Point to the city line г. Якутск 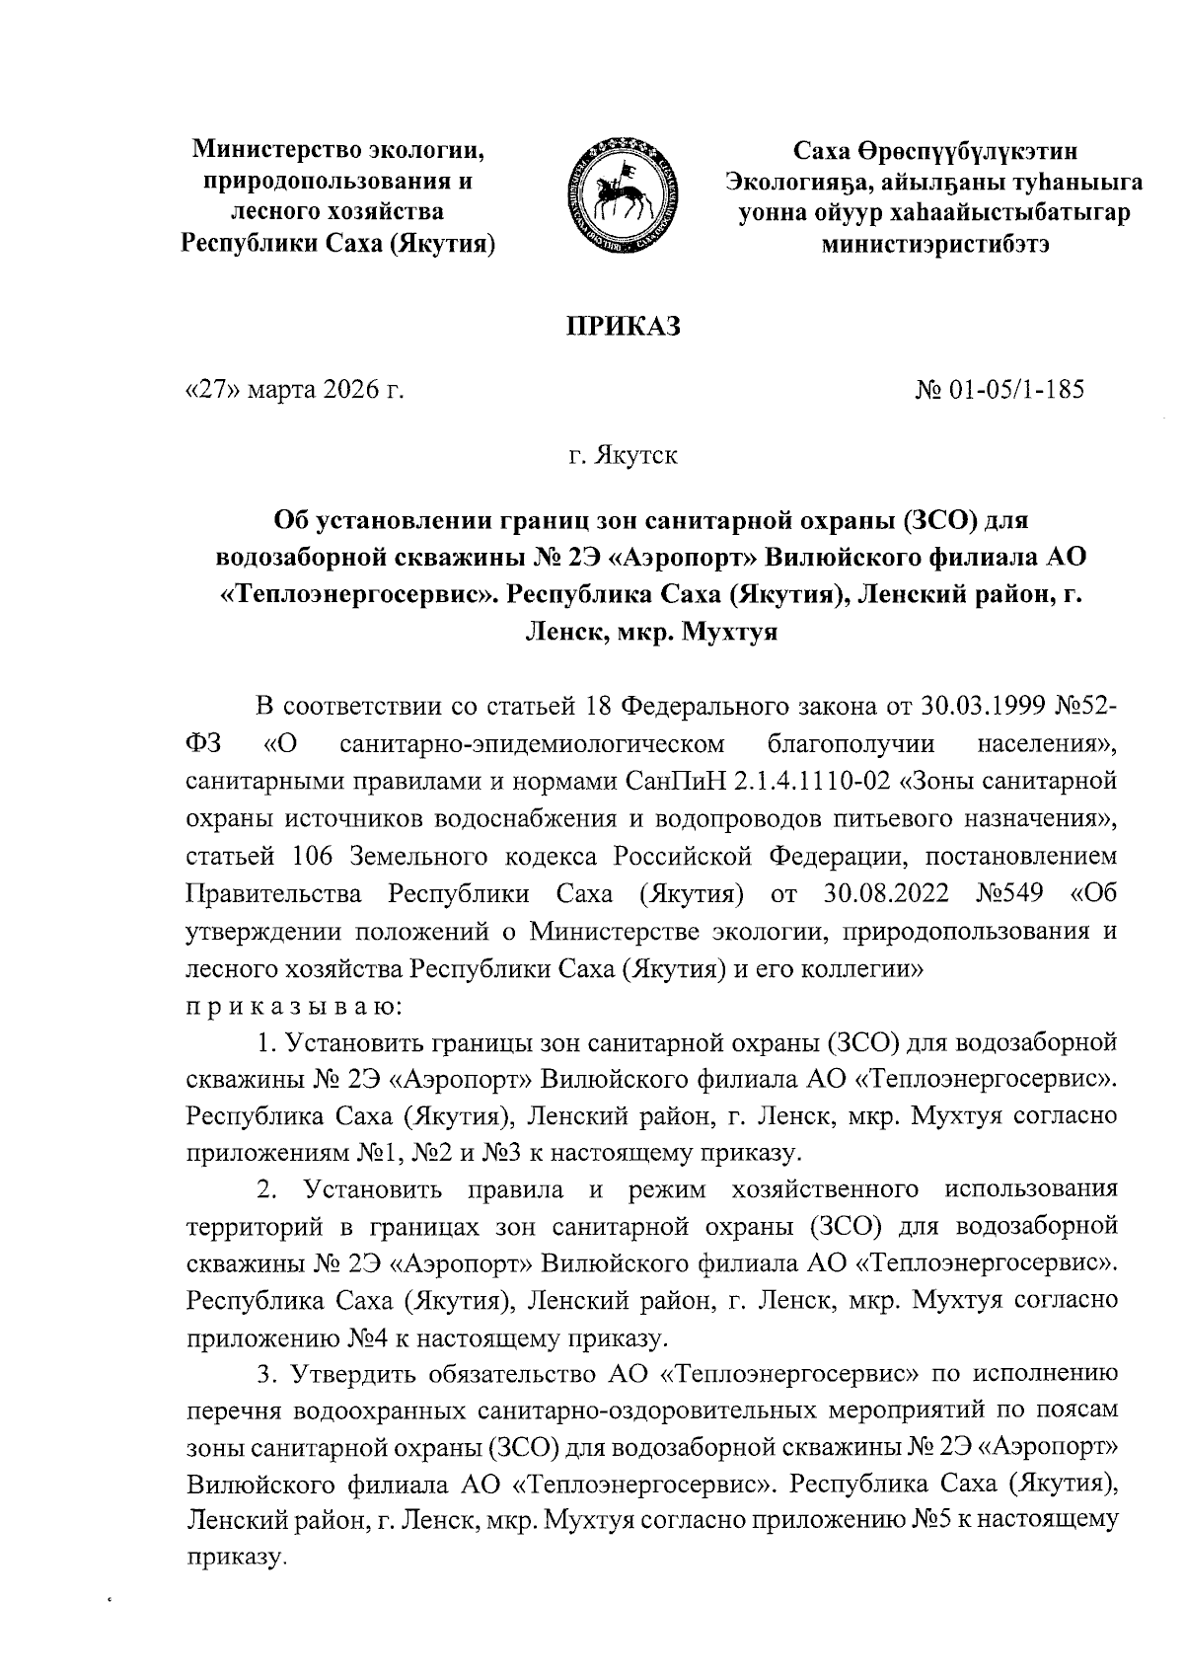[623, 457]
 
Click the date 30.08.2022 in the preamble [884, 894]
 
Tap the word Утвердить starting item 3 [362, 1374]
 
